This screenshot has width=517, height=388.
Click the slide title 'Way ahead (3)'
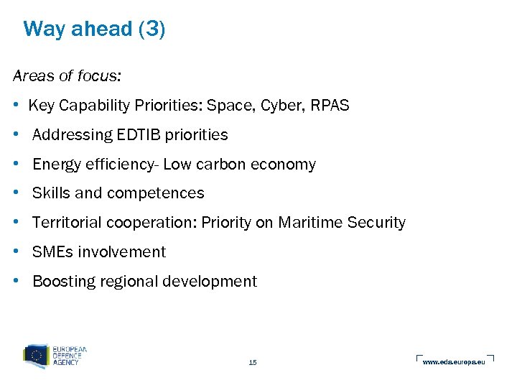pyautogui.click(x=94, y=29)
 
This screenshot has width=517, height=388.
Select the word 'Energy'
pyautogui.click(x=56, y=165)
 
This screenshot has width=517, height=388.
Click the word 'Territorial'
pyautogui.click(x=67, y=223)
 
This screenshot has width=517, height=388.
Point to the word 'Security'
pyautogui.click(x=376, y=223)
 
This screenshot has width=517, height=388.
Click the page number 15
pyautogui.click(x=253, y=363)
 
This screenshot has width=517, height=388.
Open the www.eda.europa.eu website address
pyautogui.click(x=454, y=361)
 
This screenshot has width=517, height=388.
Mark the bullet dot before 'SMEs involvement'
pyautogui.click(x=16, y=251)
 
